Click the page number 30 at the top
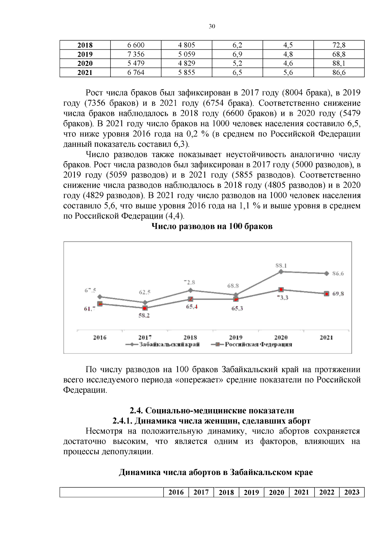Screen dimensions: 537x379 [x=212, y=26]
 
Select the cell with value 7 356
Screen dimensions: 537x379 [x=136, y=54]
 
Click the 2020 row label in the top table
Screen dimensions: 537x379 [x=85, y=63]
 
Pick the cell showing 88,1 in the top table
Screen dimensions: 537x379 [x=339, y=63]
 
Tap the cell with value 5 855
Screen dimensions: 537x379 [x=187, y=72]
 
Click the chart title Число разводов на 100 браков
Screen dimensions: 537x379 [x=212, y=226]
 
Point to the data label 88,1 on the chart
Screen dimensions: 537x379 [x=281, y=265]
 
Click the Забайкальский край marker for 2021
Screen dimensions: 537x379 [x=326, y=273]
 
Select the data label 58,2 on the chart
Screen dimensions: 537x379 [x=144, y=315]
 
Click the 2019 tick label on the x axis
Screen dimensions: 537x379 [x=236, y=337]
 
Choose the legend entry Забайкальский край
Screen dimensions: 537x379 [x=169, y=344]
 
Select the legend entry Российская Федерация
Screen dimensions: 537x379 [x=258, y=344]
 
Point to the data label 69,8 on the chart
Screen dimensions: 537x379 [x=338, y=294]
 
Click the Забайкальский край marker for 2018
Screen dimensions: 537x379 [x=190, y=290]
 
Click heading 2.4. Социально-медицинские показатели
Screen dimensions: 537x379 [x=212, y=410]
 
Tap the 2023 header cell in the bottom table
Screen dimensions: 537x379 [x=352, y=492]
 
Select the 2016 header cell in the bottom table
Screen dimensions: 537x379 [x=176, y=492]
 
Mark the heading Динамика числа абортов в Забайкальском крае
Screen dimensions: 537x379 [x=216, y=472]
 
